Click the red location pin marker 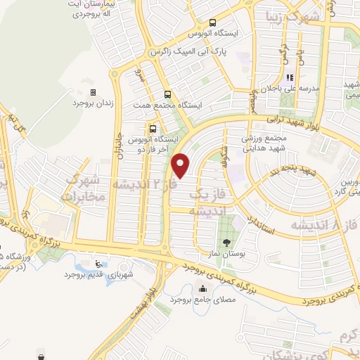click(181, 165)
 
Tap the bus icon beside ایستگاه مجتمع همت click(167, 94)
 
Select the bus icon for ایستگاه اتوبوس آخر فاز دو click(153, 128)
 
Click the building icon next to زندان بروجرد click(93, 92)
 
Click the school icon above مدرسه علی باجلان click(290, 78)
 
